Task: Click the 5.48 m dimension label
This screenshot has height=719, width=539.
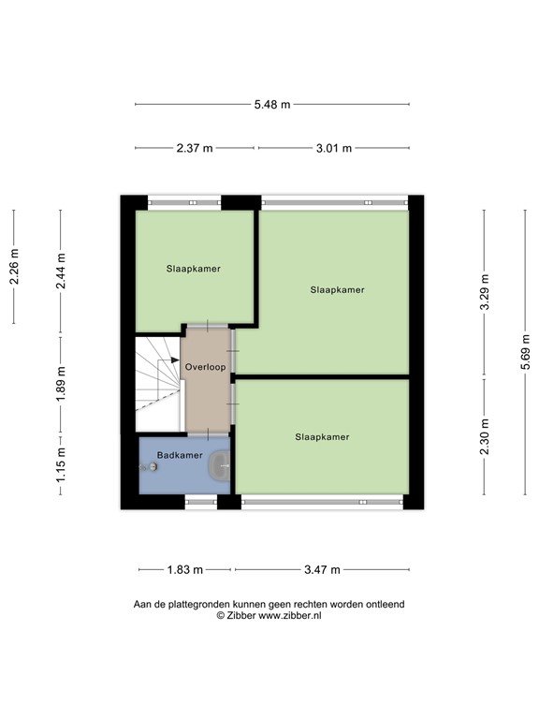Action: [271, 104]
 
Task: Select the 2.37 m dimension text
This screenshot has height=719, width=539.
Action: [195, 148]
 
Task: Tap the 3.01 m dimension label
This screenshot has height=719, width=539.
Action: [333, 148]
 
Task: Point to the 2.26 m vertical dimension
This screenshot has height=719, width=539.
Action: [14, 267]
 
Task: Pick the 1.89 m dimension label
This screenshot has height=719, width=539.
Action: [61, 386]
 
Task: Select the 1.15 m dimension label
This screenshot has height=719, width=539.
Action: [61, 465]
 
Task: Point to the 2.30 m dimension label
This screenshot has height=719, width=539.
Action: [484, 435]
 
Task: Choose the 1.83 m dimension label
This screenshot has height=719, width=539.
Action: [185, 569]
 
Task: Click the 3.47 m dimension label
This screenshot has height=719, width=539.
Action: [321, 569]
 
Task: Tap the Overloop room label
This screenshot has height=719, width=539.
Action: [205, 367]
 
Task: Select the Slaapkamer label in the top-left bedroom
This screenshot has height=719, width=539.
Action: [194, 269]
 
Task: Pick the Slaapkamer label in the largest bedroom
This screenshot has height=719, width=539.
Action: [337, 290]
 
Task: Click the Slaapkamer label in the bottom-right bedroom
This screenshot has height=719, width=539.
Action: [322, 436]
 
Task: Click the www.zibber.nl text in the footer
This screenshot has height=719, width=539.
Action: [290, 616]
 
